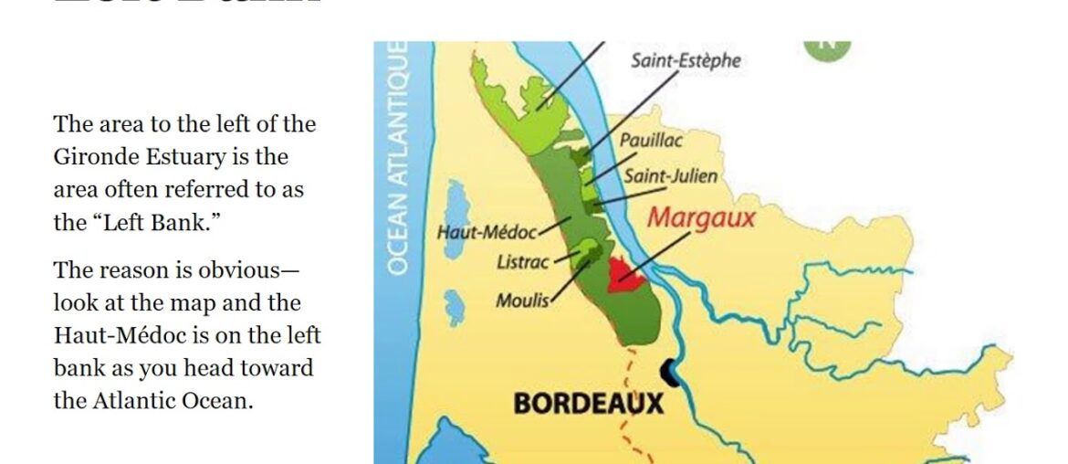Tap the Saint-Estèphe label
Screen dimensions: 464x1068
[x=686, y=61]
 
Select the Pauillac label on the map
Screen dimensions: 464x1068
[x=651, y=141]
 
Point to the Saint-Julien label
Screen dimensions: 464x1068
[x=670, y=176]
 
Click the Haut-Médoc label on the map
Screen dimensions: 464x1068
[x=487, y=232]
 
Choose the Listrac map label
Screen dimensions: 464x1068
[x=523, y=263]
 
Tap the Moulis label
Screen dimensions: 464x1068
[x=522, y=300]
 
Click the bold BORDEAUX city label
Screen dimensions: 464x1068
[x=588, y=403]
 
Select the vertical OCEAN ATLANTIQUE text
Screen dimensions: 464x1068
[x=397, y=157]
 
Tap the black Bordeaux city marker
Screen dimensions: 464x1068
[x=669, y=370]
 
